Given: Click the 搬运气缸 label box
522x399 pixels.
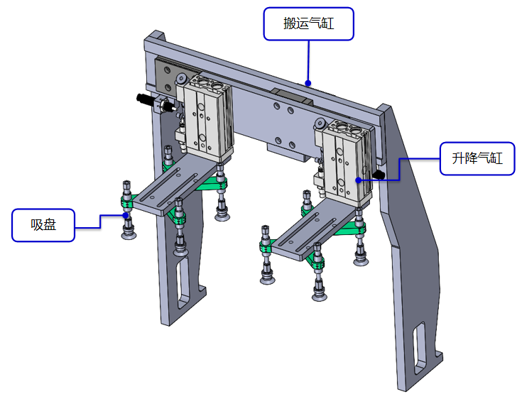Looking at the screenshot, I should (x=308, y=24).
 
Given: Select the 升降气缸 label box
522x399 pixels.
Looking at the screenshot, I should (x=472, y=158).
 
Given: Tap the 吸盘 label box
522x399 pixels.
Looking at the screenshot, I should (x=43, y=224).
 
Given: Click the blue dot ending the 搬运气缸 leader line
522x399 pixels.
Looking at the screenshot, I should (x=308, y=83).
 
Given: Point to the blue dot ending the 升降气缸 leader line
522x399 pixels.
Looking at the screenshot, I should (x=358, y=180).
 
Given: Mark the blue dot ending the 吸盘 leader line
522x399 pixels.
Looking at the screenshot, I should (x=126, y=214).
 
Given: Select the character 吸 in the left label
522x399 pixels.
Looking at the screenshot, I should (x=37, y=224).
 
